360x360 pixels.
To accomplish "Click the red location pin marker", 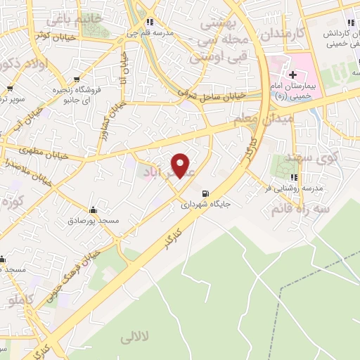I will (181, 165).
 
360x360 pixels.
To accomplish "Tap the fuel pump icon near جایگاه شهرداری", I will (205, 194).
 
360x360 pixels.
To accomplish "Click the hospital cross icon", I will (292, 75).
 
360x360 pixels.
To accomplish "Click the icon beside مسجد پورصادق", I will (93, 210).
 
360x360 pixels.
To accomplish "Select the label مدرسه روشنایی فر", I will (293, 188).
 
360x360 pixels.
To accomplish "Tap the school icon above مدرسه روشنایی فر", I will (293, 178).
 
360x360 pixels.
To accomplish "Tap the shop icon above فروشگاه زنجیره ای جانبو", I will (76, 79).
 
